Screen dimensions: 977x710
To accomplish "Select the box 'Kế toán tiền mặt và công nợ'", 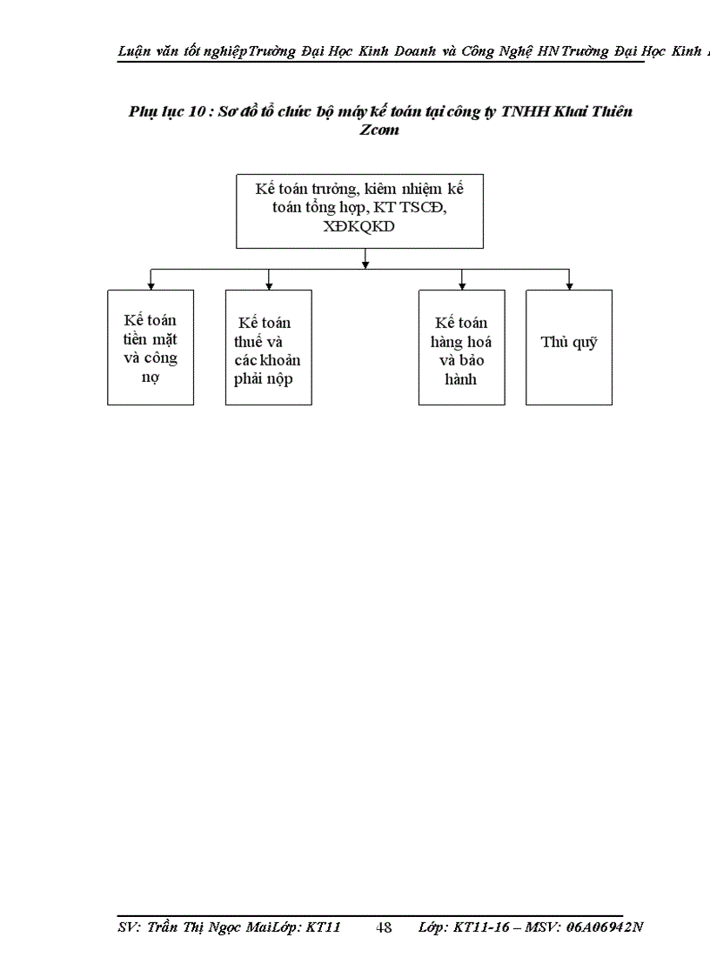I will (151, 348).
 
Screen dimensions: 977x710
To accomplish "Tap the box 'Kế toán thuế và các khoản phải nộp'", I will (268, 348).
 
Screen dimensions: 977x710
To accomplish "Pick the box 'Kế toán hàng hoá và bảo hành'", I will (461, 348).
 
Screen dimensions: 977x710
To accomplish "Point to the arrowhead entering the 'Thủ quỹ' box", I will (569, 284).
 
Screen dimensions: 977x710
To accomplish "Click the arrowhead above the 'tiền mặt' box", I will (151, 284).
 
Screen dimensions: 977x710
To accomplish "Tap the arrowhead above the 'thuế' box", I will (269, 284).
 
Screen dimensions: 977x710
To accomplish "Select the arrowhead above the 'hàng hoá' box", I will (462, 284).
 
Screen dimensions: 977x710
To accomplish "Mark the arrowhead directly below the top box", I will (365, 262).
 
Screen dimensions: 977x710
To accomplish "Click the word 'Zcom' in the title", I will (379, 130).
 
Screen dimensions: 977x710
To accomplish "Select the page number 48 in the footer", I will (384, 927).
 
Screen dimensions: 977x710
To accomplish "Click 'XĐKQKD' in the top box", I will (360, 228).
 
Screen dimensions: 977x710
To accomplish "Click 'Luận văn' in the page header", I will (144, 51).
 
